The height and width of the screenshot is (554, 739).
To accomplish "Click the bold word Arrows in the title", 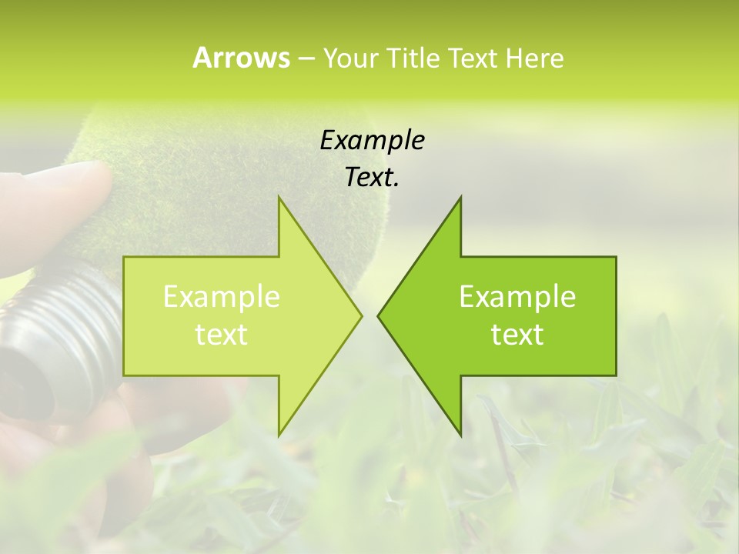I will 241,58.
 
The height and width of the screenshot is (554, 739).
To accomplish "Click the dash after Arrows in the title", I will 305,59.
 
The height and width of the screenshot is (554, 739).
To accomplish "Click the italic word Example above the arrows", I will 372,141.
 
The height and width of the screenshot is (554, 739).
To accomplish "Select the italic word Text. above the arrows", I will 372,178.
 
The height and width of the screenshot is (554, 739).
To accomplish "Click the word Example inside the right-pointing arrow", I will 222,297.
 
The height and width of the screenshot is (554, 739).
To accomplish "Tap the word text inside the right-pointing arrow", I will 222,335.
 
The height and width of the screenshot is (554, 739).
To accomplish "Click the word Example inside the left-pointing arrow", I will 517,297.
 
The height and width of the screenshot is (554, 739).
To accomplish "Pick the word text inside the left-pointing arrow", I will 517,335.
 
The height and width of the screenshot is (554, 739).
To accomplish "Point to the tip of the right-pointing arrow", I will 362,315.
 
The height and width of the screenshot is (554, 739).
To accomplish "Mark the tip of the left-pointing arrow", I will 377,315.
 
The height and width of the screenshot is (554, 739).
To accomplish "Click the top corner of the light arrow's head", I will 279,197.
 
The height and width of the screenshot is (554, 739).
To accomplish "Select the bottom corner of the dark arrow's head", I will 460,435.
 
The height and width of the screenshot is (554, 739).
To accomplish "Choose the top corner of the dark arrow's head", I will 460,197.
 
